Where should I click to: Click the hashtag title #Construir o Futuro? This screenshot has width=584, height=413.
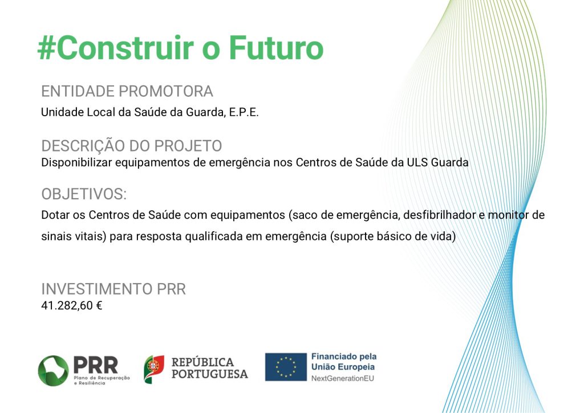[180, 48]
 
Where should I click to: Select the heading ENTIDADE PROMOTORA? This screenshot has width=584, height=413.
[127, 92]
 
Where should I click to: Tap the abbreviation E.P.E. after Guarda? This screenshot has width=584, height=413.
[244, 112]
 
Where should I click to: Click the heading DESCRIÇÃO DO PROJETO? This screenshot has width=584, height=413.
[132, 145]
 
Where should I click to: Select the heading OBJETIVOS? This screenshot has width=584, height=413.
[84, 194]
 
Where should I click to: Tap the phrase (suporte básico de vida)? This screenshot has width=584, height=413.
[393, 236]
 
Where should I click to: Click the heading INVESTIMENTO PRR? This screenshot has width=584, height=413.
[113, 289]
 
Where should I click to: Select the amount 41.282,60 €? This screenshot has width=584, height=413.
[71, 305]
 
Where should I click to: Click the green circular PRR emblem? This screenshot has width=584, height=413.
[53, 370]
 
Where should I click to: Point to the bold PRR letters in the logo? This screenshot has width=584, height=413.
[96, 365]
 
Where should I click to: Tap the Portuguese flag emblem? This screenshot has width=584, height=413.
[154, 369]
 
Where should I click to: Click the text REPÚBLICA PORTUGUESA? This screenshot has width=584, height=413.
[210, 368]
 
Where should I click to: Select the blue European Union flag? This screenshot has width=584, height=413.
[286, 367]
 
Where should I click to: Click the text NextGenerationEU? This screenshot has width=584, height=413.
[343, 378]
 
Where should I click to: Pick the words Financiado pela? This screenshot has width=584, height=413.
[344, 357]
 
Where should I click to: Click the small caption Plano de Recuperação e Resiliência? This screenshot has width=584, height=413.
[102, 381]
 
